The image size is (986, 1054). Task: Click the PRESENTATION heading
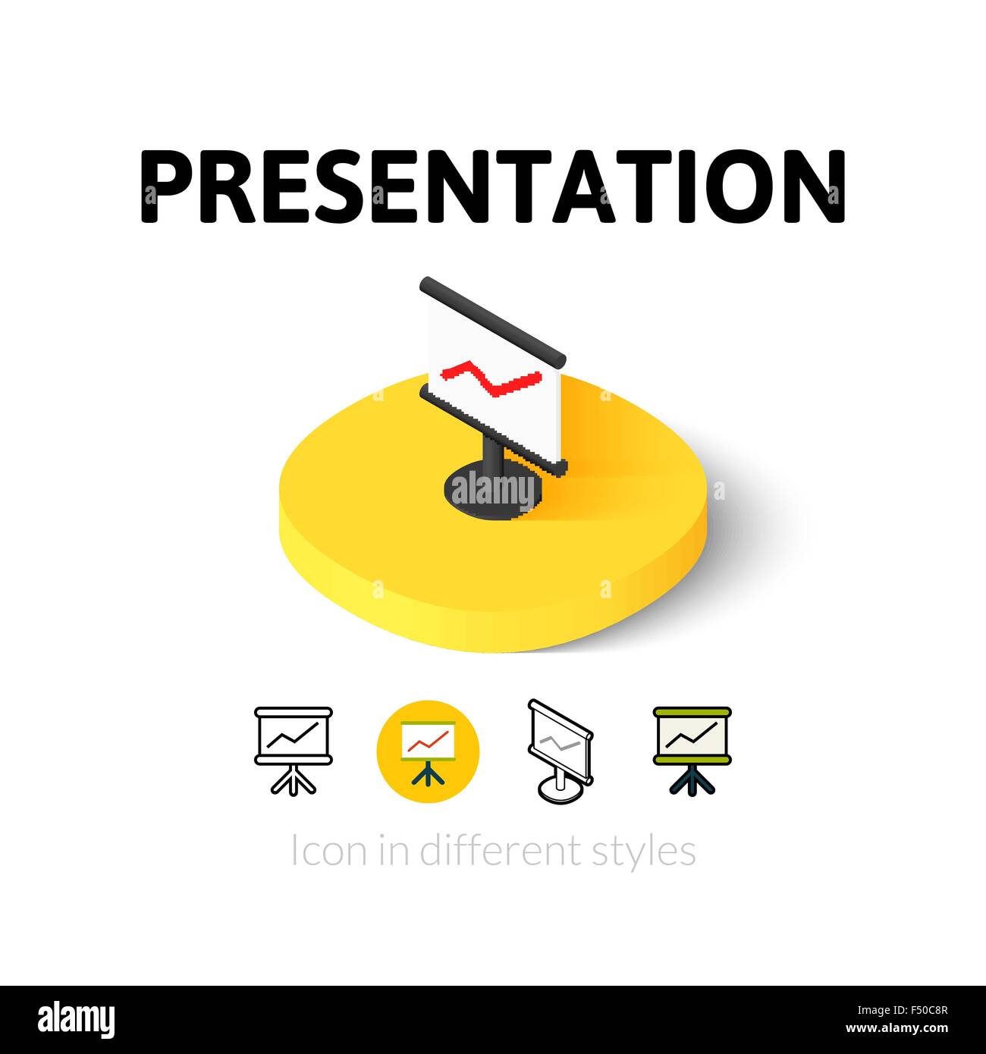[x=493, y=186]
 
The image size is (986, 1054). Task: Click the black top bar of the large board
[x=493, y=319]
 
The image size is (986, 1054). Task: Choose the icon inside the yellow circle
[x=429, y=751]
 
